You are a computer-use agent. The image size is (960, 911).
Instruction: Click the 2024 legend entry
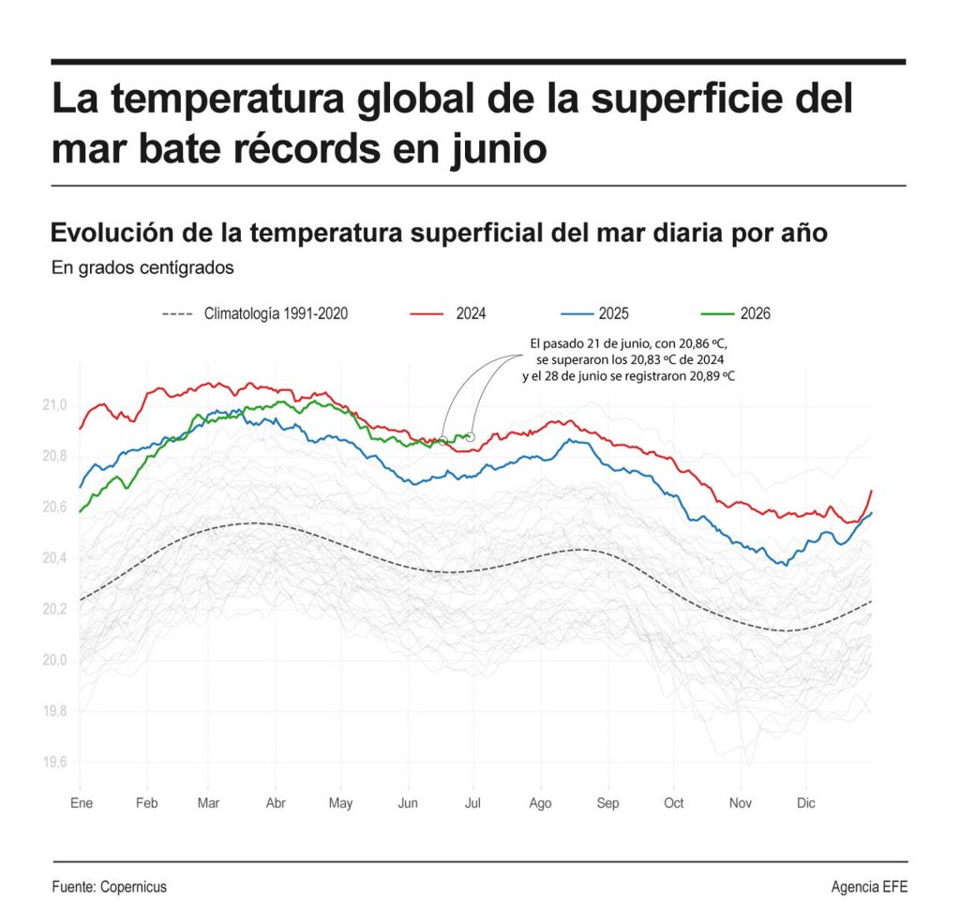pyautogui.click(x=447, y=313)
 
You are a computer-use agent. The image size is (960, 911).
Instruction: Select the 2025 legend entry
pyautogui.click(x=594, y=313)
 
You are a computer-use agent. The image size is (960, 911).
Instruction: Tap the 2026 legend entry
pyautogui.click(x=735, y=313)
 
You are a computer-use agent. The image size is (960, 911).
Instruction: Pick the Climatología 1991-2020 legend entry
pyautogui.click(x=255, y=313)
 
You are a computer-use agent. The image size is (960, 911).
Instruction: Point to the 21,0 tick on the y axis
pyautogui.click(x=54, y=405)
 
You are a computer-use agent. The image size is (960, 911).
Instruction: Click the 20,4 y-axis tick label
pyautogui.click(x=54, y=558)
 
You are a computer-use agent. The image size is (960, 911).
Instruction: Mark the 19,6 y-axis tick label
pyautogui.click(x=54, y=762)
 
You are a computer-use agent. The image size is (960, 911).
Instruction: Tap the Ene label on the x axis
pyautogui.click(x=82, y=802)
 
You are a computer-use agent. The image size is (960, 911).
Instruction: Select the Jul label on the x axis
pyautogui.click(x=472, y=802)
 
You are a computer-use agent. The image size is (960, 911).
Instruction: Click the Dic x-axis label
pyautogui.click(x=805, y=802)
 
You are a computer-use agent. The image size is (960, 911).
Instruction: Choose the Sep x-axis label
pyautogui.click(x=607, y=802)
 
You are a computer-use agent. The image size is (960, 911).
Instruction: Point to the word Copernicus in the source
pyautogui.click(x=133, y=887)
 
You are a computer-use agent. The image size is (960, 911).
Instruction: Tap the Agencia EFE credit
pyautogui.click(x=869, y=887)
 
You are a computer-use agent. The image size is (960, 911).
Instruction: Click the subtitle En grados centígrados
pyautogui.click(x=142, y=267)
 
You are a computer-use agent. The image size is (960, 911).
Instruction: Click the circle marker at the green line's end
pyautogui.click(x=471, y=437)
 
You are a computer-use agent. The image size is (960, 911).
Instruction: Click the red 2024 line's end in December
pyautogui.click(x=871, y=491)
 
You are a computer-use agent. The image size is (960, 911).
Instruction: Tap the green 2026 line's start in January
pyautogui.click(x=81, y=511)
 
